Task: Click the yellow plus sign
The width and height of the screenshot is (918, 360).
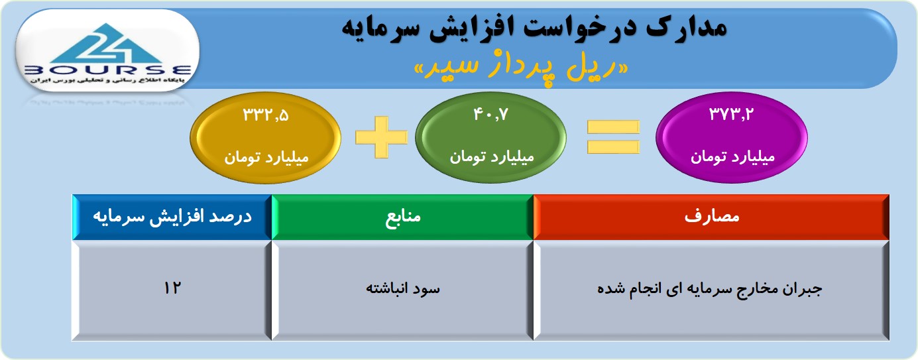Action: click(382, 137)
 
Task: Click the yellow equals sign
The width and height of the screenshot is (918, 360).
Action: click(613, 137)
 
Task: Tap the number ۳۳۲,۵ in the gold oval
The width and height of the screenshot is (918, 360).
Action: click(266, 115)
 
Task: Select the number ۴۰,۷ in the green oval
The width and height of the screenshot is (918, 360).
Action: click(490, 114)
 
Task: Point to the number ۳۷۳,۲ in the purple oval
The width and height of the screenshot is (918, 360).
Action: click(732, 114)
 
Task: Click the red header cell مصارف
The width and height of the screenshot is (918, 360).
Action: click(711, 217)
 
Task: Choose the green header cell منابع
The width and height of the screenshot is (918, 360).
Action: click(402, 217)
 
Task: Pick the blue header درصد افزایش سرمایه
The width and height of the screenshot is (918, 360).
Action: click(172, 217)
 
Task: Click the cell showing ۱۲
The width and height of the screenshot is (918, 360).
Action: click(172, 288)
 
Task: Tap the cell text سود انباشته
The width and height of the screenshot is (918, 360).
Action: click(402, 288)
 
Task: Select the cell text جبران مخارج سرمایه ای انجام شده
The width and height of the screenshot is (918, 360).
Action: click(709, 289)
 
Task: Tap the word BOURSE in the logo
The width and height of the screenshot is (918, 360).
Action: click(107, 70)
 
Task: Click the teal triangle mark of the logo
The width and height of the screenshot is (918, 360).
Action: click(107, 43)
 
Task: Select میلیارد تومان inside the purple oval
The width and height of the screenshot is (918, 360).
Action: click(732, 157)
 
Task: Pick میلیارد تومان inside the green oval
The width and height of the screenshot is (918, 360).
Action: click(491, 157)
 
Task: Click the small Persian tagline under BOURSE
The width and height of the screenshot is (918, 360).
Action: click(107, 80)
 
